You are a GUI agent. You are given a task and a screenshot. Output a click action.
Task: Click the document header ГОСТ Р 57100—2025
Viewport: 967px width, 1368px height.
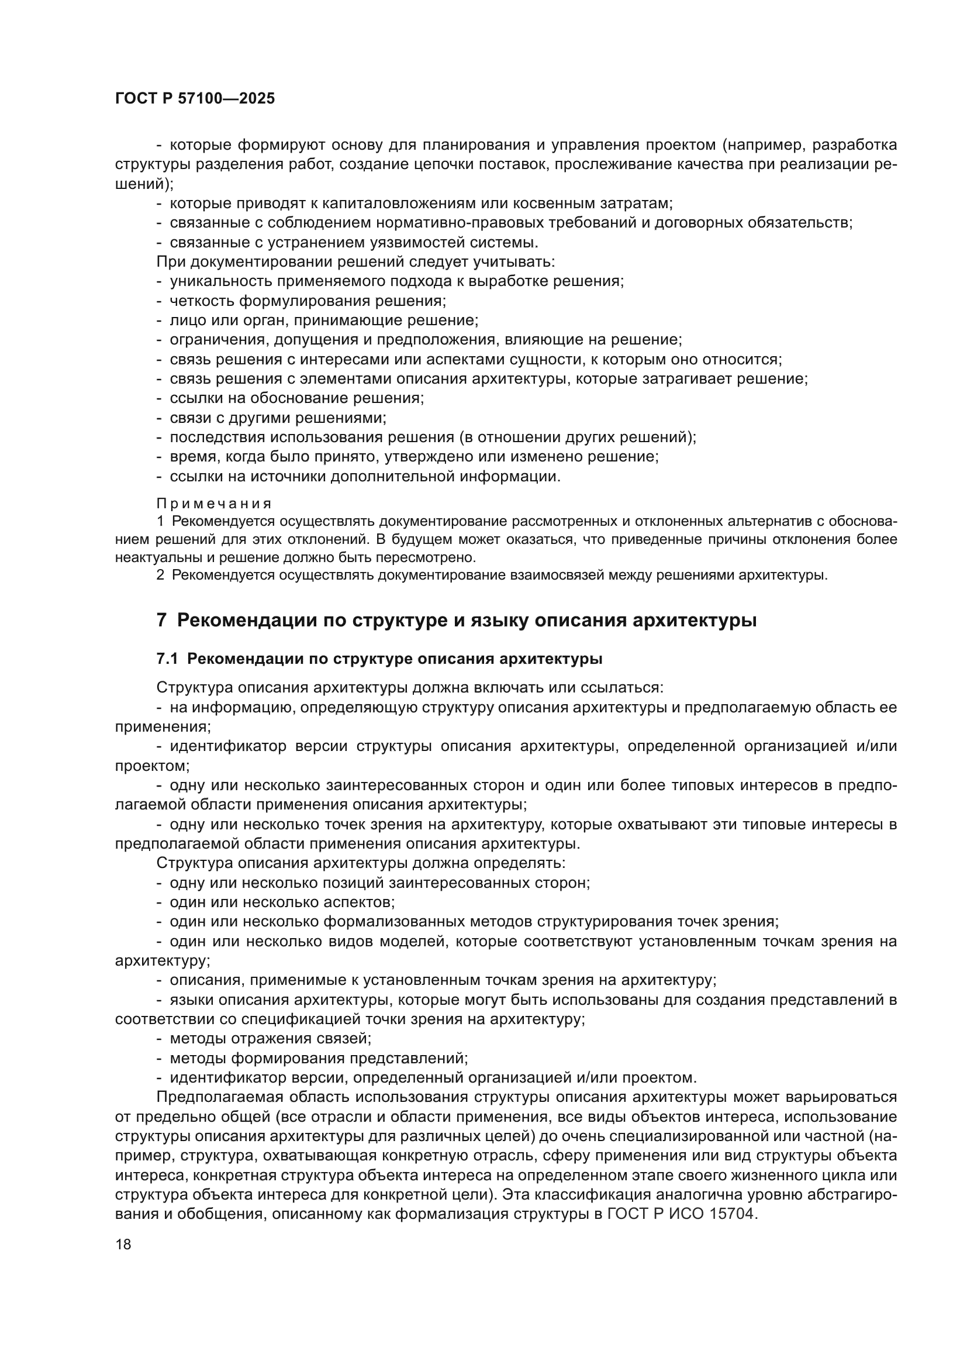point(195,99)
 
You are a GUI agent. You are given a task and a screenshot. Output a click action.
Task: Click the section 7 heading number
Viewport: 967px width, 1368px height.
point(161,620)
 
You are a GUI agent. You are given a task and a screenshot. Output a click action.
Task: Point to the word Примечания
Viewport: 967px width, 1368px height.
point(214,504)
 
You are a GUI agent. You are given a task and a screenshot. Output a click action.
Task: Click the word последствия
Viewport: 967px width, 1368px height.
point(217,437)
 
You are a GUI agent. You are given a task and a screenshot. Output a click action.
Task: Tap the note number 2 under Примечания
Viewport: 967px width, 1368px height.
point(160,576)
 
